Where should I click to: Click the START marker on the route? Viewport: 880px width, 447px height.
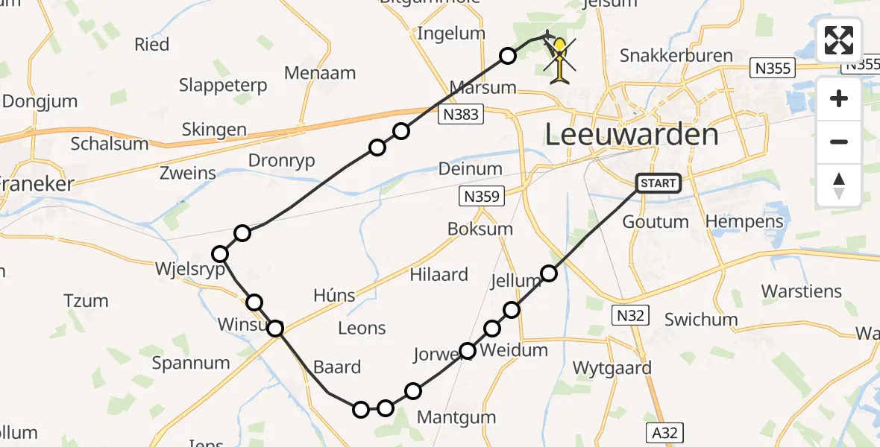tap(659, 183)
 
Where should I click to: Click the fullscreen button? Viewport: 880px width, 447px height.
tap(839, 40)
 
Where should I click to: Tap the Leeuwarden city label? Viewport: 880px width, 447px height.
tap(632, 135)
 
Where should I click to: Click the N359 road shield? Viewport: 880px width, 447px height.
tap(482, 197)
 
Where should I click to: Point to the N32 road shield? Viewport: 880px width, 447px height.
tap(629, 315)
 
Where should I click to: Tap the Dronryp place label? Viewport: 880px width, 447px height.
tap(281, 160)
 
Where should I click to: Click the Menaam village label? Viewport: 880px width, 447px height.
tap(320, 73)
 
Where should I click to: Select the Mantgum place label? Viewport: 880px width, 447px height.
tap(456, 417)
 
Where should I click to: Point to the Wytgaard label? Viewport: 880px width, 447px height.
tap(612, 367)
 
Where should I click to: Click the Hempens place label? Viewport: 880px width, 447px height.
tap(744, 221)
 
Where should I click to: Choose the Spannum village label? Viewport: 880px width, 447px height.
tap(191, 363)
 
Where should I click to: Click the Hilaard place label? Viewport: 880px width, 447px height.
tap(439, 274)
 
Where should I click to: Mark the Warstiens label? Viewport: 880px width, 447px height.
tap(801, 291)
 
